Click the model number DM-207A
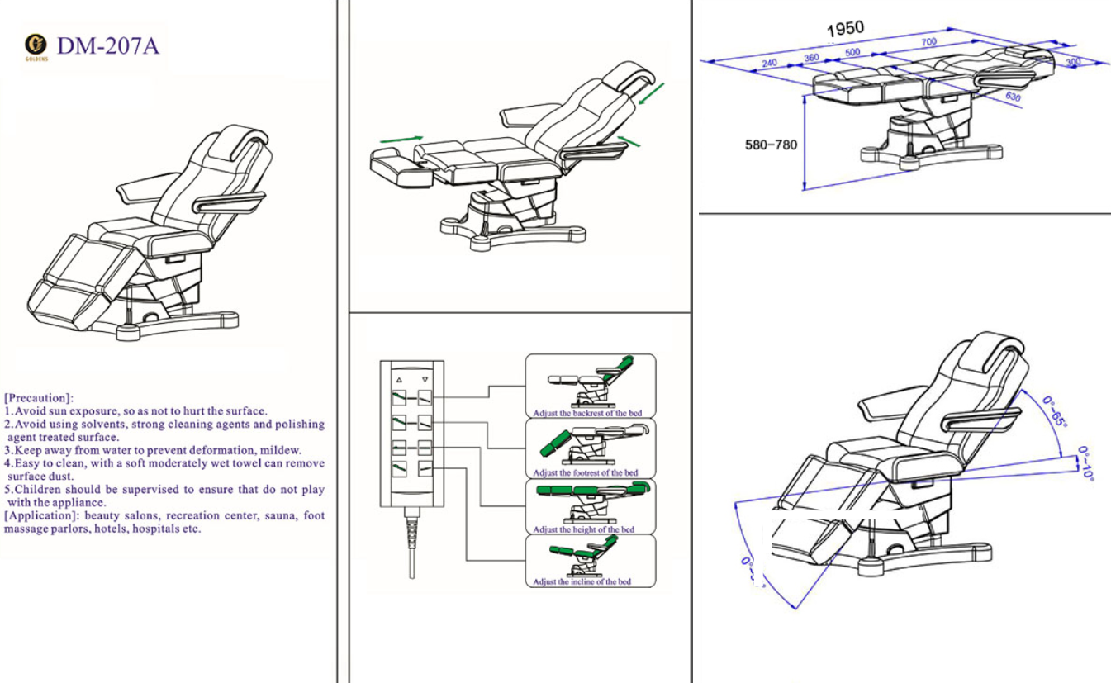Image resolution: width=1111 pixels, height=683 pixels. [x=108, y=46]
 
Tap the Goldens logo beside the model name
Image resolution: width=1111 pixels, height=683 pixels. [x=36, y=45]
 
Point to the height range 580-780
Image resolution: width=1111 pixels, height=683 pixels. [x=772, y=145]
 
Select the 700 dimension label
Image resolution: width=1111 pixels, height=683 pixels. [x=929, y=41]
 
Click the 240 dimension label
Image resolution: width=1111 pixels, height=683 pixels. [x=769, y=64]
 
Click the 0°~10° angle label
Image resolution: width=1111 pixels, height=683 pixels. [x=1086, y=464]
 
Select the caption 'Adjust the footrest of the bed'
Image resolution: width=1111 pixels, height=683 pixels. [x=585, y=472]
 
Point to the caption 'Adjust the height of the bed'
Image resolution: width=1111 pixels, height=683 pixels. [x=584, y=529]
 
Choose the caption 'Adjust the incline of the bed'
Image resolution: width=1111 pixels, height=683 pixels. [x=582, y=582]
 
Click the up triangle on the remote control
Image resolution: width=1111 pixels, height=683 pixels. [x=399, y=380]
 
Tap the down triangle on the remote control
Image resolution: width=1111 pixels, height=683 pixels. [x=425, y=380]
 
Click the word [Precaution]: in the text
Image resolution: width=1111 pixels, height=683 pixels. [x=39, y=398]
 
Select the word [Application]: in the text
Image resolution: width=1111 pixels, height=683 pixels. [x=41, y=516]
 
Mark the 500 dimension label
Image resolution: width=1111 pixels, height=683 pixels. [x=852, y=52]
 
